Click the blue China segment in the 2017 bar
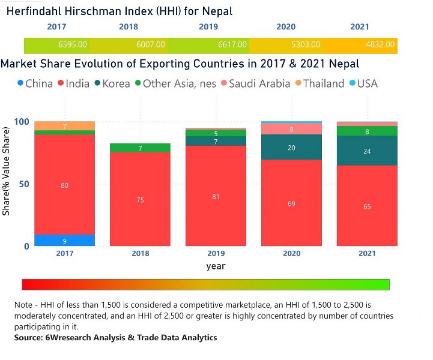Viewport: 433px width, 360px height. click(64, 240)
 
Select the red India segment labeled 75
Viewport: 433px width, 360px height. click(140, 199)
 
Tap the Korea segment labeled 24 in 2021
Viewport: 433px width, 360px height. click(366, 151)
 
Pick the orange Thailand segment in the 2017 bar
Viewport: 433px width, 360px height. click(64, 126)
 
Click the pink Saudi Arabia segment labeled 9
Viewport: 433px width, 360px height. click(291, 129)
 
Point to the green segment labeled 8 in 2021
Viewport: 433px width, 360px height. click(366, 131)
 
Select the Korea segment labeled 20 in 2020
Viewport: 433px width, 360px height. click(291, 147)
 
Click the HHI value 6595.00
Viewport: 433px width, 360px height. click(73, 45)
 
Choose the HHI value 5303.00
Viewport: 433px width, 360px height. click(306, 45)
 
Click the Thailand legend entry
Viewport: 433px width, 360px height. click(323, 83)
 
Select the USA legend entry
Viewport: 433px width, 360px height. click(367, 83)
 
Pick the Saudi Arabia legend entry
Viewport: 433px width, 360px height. click(259, 83)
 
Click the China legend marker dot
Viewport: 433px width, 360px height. click(19, 83)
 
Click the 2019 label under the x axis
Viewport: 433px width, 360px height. click(215, 253)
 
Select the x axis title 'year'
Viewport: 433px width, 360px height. click(216, 265)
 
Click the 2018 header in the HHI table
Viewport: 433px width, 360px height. click(129, 27)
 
